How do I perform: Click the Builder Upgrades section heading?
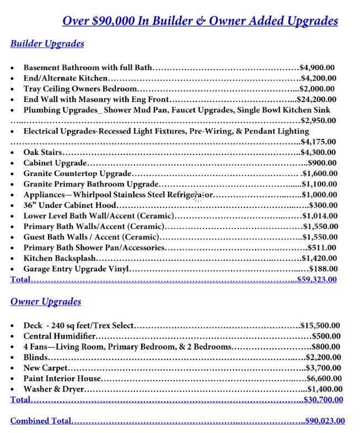(x=47, y=44)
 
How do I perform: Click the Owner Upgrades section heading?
(x=46, y=302)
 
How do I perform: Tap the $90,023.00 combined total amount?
(x=325, y=421)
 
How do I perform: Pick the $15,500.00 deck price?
(x=320, y=325)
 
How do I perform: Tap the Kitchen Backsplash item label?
(x=60, y=258)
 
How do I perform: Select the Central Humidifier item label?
(x=59, y=336)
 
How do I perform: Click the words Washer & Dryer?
(x=53, y=389)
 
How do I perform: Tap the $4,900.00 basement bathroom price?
(x=317, y=68)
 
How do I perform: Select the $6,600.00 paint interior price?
(x=324, y=378)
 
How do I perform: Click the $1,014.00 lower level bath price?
(x=319, y=216)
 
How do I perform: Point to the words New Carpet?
(x=46, y=368)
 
